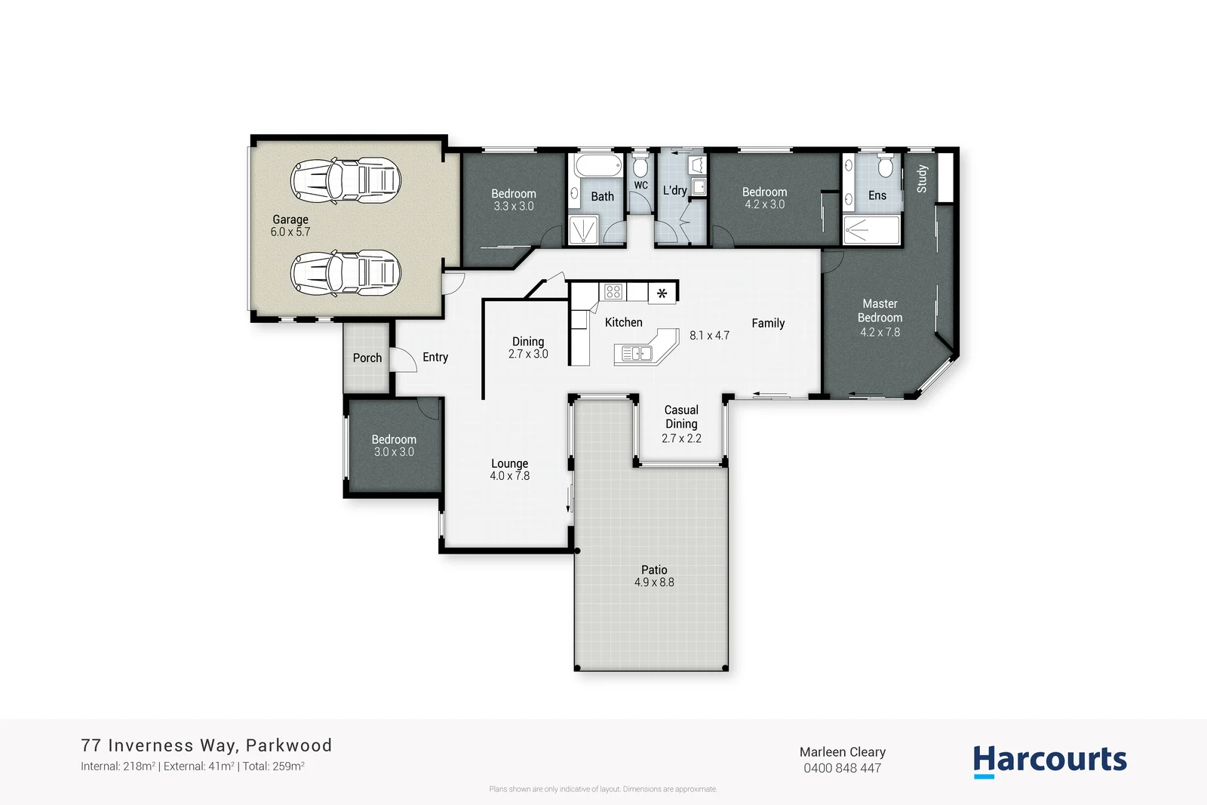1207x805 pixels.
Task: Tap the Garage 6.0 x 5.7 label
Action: coord(290,226)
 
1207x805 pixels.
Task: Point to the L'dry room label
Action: coord(674,190)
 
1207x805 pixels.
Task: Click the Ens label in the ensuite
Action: coord(877,195)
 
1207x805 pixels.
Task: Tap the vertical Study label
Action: coord(922,179)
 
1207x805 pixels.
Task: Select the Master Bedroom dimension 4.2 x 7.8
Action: coord(880,332)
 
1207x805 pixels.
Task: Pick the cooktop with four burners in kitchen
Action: coord(613,291)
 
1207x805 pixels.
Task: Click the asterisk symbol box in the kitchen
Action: coord(662,293)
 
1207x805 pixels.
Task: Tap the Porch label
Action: coord(367,358)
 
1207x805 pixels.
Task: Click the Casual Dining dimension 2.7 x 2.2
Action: coord(681,438)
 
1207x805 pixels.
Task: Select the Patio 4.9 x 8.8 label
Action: coord(654,576)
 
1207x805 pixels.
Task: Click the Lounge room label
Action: coord(509,464)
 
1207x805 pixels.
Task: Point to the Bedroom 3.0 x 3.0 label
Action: coord(394,445)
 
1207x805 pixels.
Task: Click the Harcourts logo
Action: coord(1049,760)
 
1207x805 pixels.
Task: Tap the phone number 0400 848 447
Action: coord(842,768)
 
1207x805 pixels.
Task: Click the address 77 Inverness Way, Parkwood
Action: coord(207,745)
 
